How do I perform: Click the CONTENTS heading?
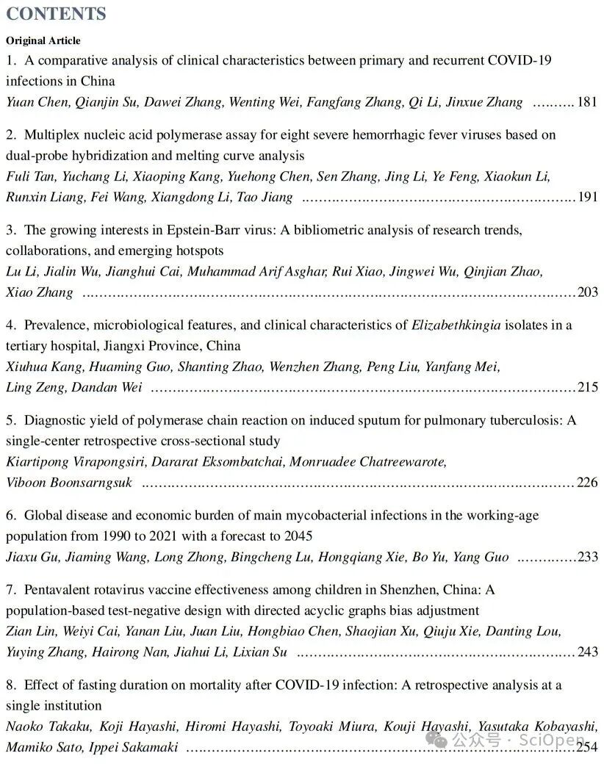tap(56, 14)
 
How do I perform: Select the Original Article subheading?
tap(43, 40)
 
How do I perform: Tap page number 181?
tap(587, 102)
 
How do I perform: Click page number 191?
tap(587, 197)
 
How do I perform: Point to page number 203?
tap(588, 292)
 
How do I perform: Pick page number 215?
tap(588, 387)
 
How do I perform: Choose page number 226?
tap(588, 483)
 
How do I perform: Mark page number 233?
tap(588, 557)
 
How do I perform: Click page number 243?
tap(588, 652)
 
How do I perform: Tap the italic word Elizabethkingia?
tap(456, 325)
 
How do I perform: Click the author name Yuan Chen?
tap(37, 102)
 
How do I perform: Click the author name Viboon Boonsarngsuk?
tap(69, 483)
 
